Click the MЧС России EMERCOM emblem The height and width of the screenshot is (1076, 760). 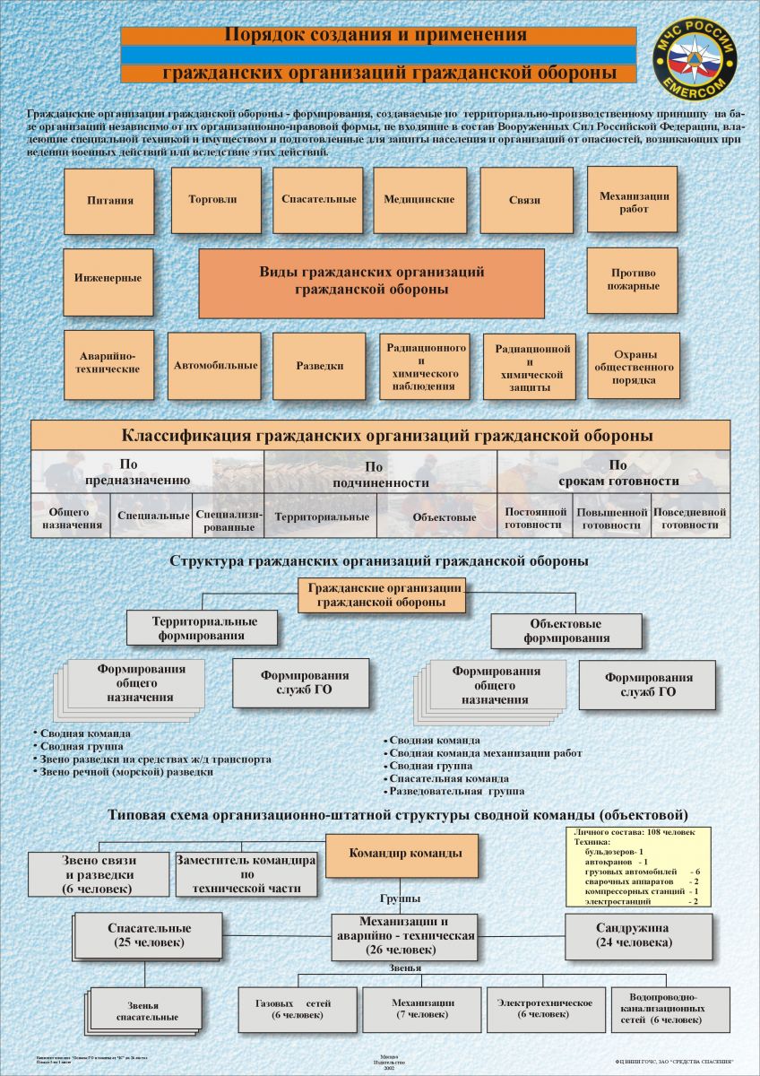point(694,60)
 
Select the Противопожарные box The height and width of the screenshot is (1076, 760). point(633,280)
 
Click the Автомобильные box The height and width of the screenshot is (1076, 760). point(214,366)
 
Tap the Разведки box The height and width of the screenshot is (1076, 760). point(319,366)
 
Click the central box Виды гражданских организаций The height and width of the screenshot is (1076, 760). point(371,282)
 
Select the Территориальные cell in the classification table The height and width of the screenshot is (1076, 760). point(322,517)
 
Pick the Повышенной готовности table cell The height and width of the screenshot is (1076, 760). point(612,518)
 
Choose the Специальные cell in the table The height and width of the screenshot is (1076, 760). point(153,516)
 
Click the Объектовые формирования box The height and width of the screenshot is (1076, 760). point(566,631)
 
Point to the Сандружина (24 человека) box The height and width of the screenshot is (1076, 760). point(639,935)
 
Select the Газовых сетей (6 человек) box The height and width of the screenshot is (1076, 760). point(293,1010)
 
